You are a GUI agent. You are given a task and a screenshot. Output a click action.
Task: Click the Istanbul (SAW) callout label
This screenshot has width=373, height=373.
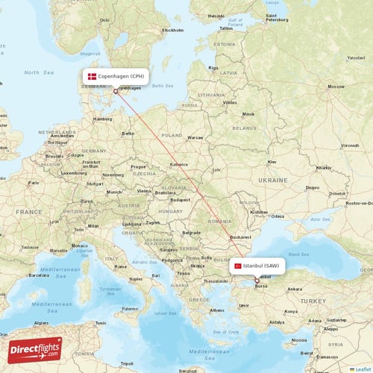257,265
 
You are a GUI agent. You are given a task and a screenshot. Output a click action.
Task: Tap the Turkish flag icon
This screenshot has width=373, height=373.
238,265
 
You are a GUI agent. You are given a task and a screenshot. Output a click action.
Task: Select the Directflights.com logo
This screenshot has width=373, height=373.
35,349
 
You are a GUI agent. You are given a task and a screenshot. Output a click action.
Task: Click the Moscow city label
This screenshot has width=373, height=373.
336,87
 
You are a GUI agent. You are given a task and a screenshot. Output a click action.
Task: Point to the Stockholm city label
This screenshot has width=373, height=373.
172,31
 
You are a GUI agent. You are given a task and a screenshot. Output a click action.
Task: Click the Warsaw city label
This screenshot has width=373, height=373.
195,138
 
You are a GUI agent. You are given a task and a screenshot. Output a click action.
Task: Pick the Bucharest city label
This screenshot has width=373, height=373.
241,236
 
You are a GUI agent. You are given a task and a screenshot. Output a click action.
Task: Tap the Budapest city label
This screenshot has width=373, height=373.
181,200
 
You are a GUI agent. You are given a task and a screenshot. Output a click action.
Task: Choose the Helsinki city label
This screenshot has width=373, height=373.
216,16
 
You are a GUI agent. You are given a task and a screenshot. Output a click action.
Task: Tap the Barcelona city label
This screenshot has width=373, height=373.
40,274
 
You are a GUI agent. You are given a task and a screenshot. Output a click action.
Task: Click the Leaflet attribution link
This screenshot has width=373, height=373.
362,369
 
